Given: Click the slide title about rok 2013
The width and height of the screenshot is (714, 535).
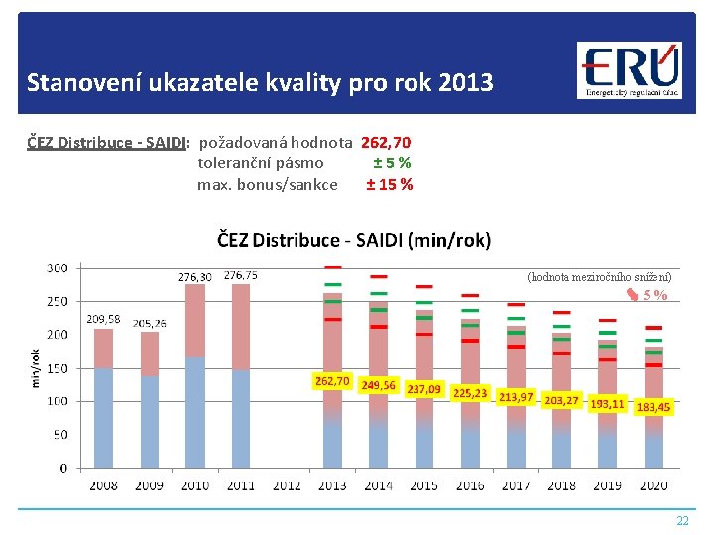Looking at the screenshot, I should point(260,82).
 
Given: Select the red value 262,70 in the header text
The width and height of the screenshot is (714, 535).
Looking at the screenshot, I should point(387,143).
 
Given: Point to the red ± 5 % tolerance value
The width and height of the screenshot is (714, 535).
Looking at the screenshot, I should point(392,163).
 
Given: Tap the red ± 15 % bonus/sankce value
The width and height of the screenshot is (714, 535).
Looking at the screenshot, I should point(390,184).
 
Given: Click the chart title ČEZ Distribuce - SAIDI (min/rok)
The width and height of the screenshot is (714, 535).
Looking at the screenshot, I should point(354,239).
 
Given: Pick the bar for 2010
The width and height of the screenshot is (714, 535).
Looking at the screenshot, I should point(195,376).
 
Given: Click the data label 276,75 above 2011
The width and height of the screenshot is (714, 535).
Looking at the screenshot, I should point(241,276).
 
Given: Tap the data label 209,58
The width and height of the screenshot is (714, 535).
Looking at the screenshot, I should point(104,319).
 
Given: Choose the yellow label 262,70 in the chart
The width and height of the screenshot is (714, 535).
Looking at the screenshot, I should point(331,381).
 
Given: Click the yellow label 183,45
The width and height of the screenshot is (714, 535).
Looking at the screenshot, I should point(653,407).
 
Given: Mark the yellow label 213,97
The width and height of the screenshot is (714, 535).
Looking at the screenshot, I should point(516,397).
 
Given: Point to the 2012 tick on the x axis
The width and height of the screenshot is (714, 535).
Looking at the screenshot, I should point(286,485).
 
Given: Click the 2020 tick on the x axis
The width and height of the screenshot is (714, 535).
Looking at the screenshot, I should point(653,485).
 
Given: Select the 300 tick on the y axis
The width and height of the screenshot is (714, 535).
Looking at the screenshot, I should point(57,267).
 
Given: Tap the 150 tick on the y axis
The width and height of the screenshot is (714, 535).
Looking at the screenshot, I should point(57,368).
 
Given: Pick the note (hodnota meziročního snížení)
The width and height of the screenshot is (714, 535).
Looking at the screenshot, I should point(599,277).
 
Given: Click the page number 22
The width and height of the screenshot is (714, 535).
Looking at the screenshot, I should point(681,521).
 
